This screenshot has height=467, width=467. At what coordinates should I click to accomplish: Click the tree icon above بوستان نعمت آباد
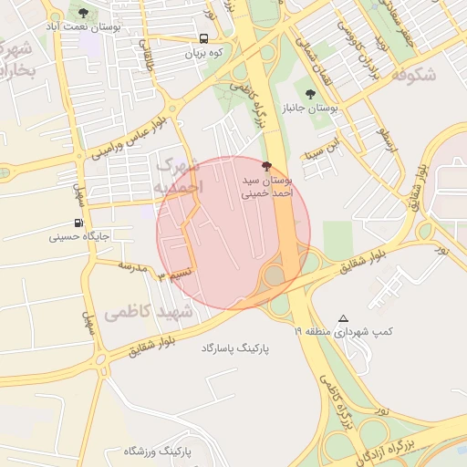point(84,14)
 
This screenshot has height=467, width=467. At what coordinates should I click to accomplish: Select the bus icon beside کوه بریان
point(203,39)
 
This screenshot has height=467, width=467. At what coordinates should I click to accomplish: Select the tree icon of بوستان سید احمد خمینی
point(266,166)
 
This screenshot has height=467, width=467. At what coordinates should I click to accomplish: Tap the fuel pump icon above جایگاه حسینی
point(78,223)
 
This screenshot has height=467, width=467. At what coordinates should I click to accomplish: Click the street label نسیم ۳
point(175,274)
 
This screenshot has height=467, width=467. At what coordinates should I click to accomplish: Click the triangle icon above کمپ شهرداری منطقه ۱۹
point(343,318)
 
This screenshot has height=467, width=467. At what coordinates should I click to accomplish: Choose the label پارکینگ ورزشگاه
point(156,451)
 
